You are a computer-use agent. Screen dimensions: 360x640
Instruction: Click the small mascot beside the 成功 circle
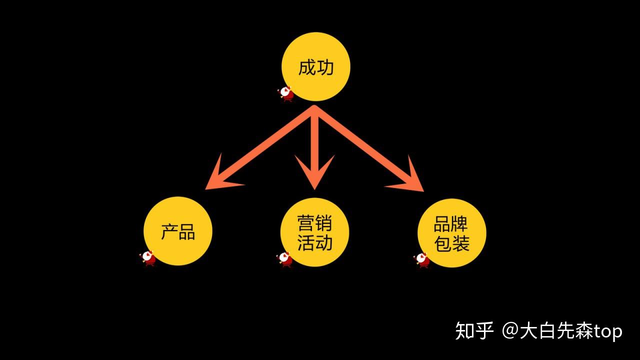pos(286,93)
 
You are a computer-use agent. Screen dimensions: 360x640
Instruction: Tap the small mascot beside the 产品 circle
pos(147,258)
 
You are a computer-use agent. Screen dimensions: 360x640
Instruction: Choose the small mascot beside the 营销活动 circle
pos(285,258)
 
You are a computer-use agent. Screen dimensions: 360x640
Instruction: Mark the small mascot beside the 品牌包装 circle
pos(422,259)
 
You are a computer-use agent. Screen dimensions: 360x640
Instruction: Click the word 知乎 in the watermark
pos(474,331)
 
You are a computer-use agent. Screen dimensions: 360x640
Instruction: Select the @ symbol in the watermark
pos(510,331)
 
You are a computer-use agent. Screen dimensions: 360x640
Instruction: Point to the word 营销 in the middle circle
pos(314,223)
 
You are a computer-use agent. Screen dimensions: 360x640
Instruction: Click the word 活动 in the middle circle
pos(314,243)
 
